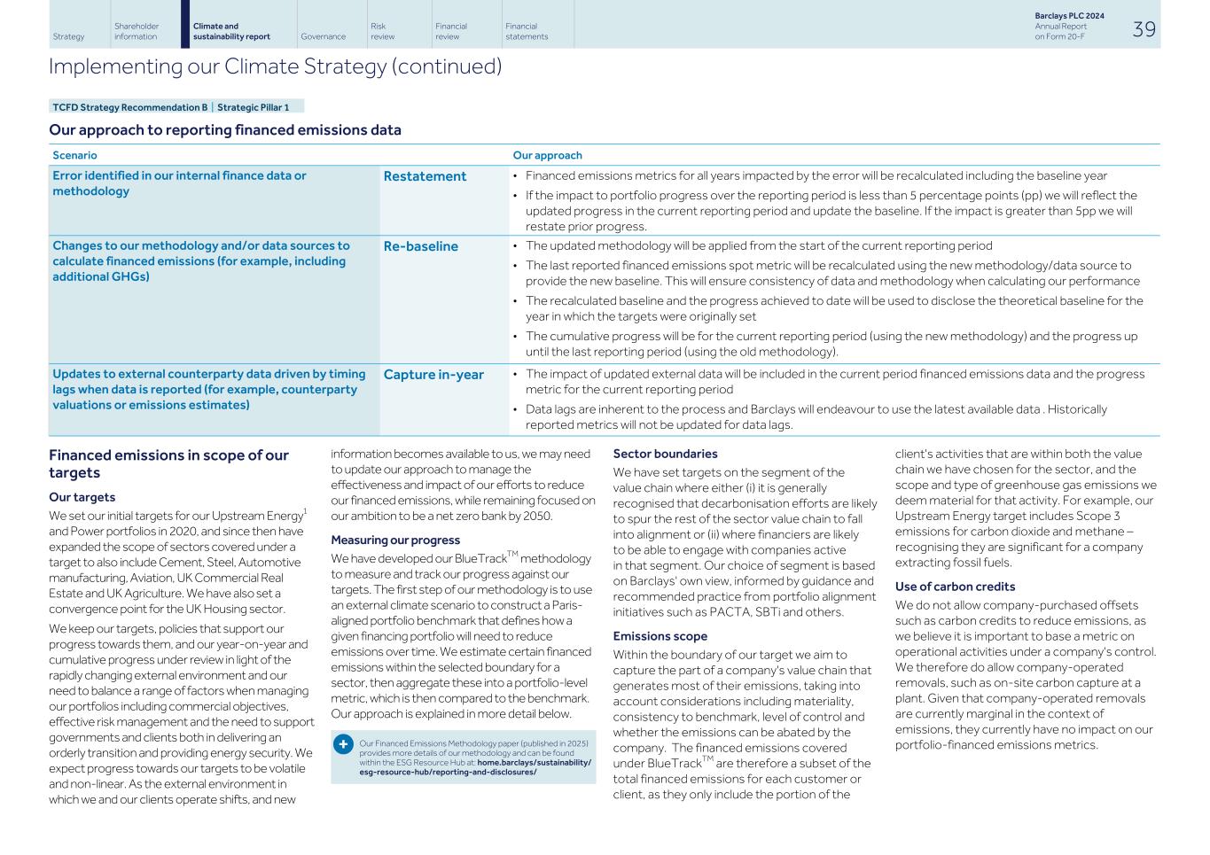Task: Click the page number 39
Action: (x=1144, y=29)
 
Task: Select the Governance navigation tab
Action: (x=323, y=36)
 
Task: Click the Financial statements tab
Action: (x=527, y=31)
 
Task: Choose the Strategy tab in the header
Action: (x=68, y=36)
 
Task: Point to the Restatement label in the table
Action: (x=425, y=176)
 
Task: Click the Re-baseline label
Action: (x=420, y=246)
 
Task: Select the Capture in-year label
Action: (x=433, y=375)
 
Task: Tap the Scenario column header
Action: (x=74, y=155)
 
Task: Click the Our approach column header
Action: (x=547, y=155)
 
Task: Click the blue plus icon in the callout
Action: (x=343, y=744)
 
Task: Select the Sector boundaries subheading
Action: (x=665, y=454)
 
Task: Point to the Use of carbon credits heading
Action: (x=955, y=587)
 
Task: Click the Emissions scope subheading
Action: (x=660, y=636)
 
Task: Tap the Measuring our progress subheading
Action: (x=395, y=540)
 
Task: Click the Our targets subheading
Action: (x=82, y=497)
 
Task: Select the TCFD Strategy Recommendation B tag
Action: (x=129, y=107)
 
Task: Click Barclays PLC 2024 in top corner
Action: (x=1069, y=16)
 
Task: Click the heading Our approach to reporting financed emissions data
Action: (x=225, y=130)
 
